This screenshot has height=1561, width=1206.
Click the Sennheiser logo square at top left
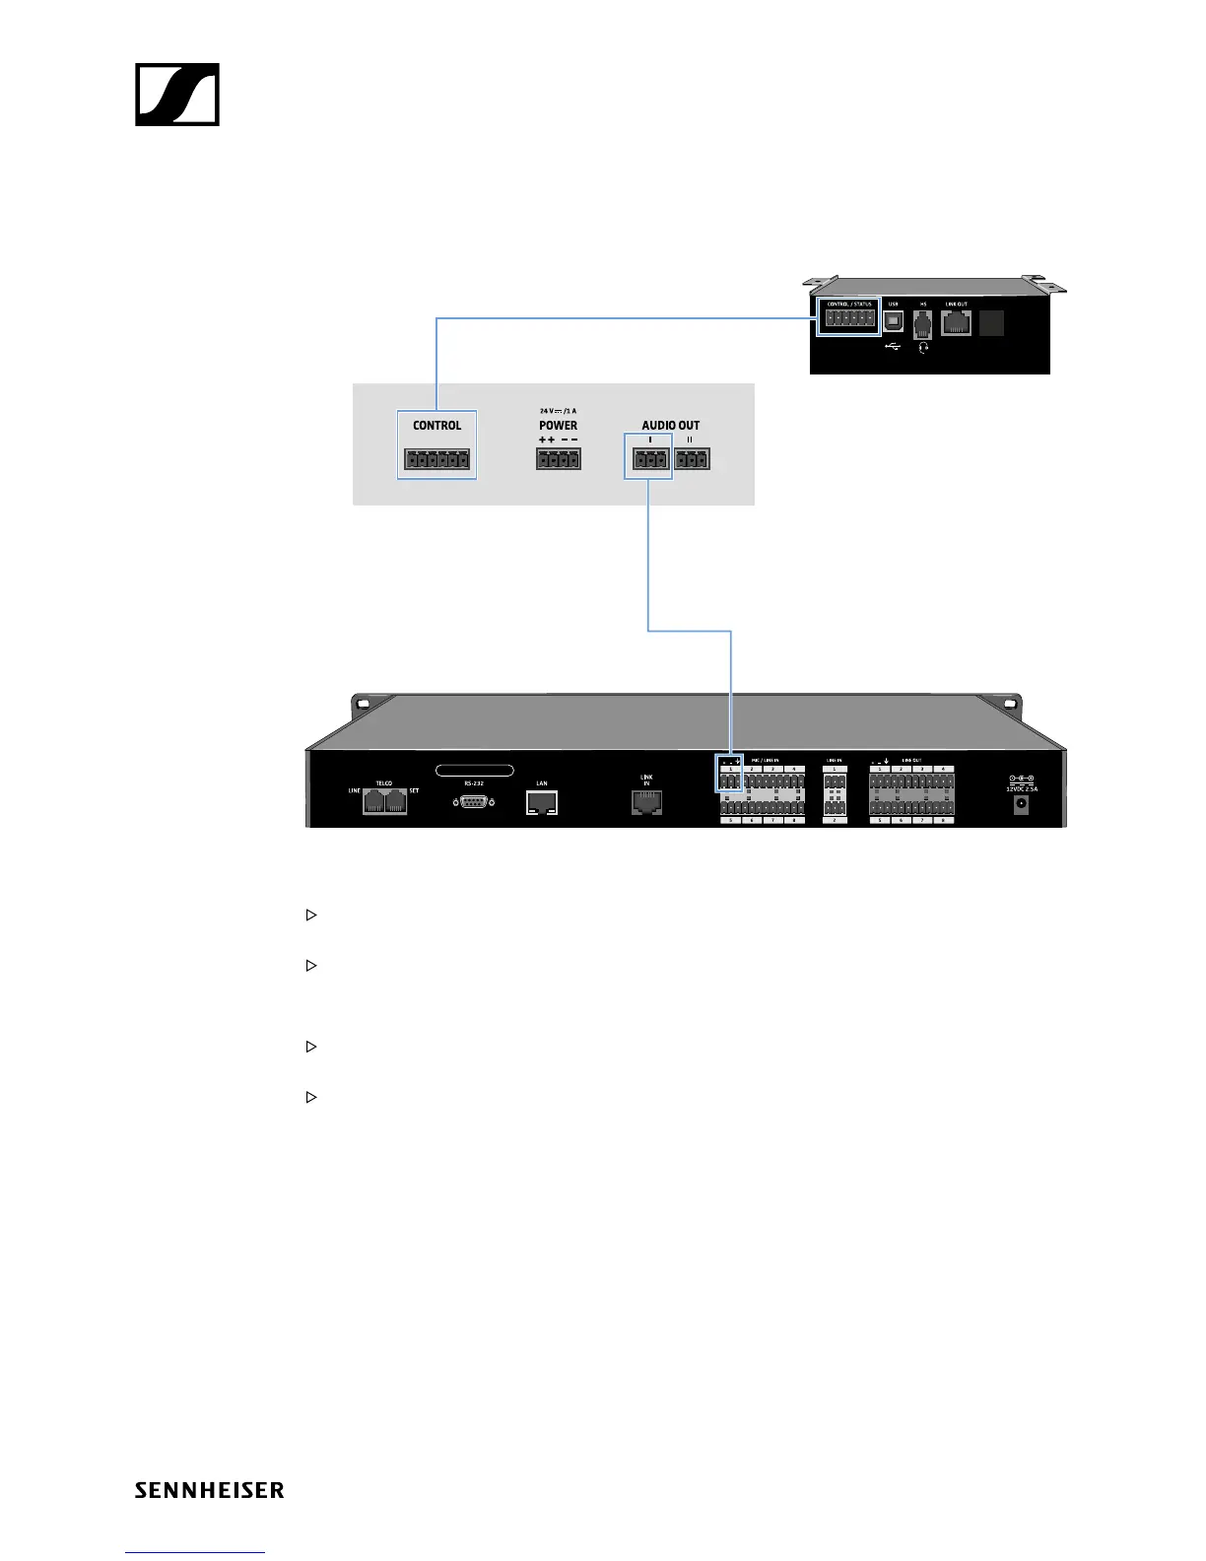(177, 95)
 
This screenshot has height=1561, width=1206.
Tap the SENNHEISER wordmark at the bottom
(209, 1490)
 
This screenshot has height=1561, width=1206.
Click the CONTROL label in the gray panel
(436, 426)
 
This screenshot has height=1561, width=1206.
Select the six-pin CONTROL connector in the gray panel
(436, 458)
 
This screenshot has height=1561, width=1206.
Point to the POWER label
(558, 426)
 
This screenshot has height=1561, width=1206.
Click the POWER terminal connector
(559, 458)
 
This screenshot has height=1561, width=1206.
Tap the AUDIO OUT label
(671, 426)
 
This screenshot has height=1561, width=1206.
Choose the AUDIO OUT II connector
(692, 458)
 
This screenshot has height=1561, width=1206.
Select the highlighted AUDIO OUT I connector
(648, 458)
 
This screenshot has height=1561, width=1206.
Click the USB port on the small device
(894, 322)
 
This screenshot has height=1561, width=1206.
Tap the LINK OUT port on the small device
(956, 322)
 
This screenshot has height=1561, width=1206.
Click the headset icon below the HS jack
(923, 347)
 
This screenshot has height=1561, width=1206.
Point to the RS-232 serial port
(474, 802)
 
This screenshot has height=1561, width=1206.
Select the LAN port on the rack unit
(542, 802)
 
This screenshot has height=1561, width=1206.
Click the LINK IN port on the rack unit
(646, 803)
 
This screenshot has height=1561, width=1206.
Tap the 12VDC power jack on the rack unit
(1021, 804)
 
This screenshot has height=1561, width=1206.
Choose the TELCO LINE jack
(373, 802)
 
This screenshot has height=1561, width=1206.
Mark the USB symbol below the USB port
(894, 346)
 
